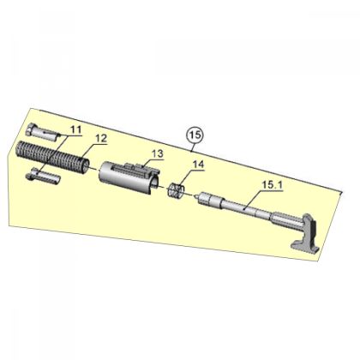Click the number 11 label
coord(75,129)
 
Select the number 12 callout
coord(101,139)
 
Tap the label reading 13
coord(157,153)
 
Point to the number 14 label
coord(198,165)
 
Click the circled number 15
coord(195,135)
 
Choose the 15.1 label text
coord(273,185)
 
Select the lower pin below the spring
coord(43,177)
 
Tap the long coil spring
coord(51,157)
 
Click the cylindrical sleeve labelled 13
coord(129,177)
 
